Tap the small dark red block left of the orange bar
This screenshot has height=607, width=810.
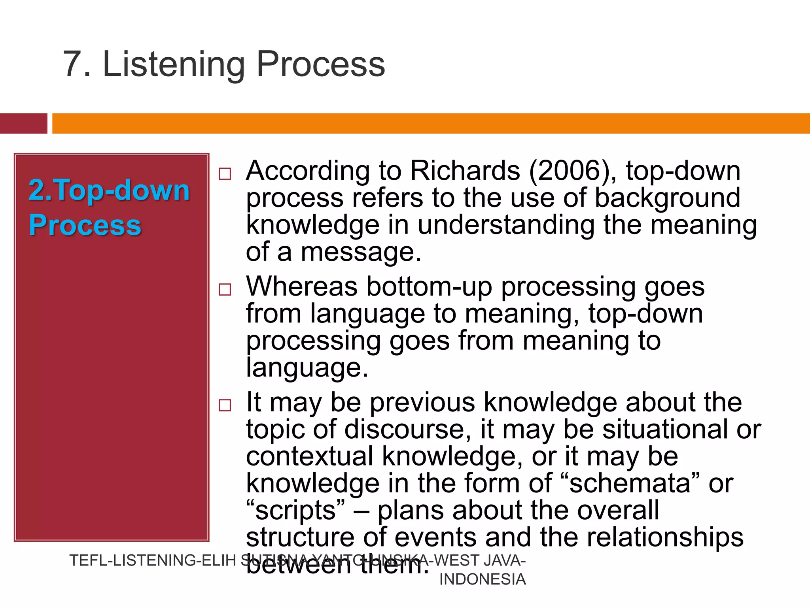tap(23, 123)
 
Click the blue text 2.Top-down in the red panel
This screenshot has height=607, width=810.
tap(109, 190)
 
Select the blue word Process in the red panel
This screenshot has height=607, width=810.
tap(85, 225)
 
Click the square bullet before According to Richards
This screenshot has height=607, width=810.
tap(225, 174)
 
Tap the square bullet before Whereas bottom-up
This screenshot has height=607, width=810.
tap(225, 289)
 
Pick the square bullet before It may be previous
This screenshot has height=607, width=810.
tap(225, 405)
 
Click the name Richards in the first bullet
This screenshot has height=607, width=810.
tap(465, 171)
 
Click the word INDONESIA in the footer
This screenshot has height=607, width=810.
tap(482, 579)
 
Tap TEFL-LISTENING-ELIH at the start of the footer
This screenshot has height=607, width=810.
tap(153, 561)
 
